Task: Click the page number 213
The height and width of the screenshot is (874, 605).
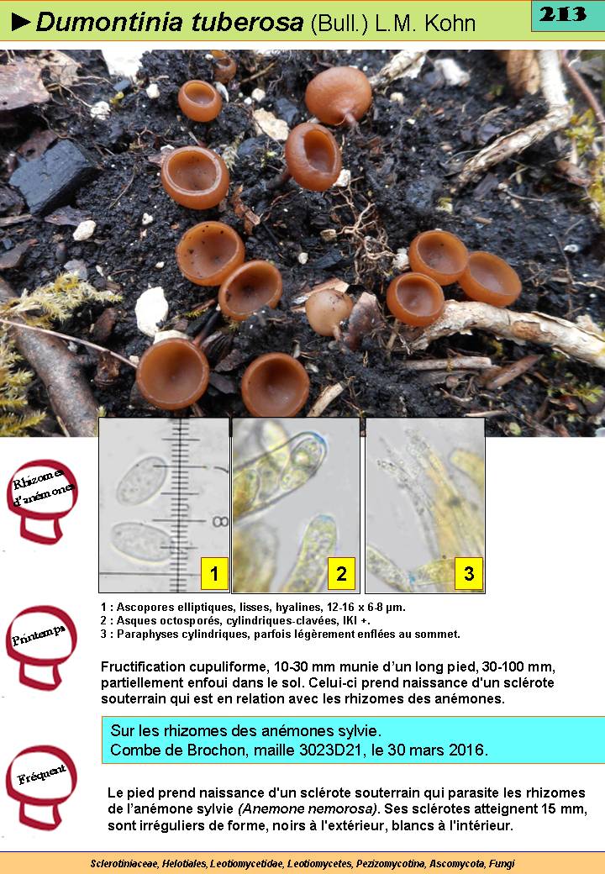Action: (563, 14)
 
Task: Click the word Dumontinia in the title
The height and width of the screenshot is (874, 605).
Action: (110, 23)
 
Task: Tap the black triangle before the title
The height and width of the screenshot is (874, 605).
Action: (21, 23)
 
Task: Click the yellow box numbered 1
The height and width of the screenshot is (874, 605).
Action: (214, 573)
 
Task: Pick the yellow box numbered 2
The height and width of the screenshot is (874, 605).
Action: (341, 573)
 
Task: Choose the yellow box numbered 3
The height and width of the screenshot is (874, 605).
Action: (469, 573)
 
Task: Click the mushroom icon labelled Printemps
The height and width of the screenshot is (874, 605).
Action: (41, 646)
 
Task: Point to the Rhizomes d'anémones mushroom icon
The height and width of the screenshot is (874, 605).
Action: (42, 501)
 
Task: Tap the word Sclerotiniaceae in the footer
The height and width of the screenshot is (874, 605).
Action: (124, 863)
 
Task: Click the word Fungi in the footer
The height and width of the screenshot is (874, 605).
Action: (502, 863)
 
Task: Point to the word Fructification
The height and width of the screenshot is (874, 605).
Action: (143, 666)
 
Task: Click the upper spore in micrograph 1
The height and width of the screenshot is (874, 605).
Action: (140, 480)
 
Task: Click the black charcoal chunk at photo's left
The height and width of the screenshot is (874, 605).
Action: (50, 175)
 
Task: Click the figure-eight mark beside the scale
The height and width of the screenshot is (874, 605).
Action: (220, 522)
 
